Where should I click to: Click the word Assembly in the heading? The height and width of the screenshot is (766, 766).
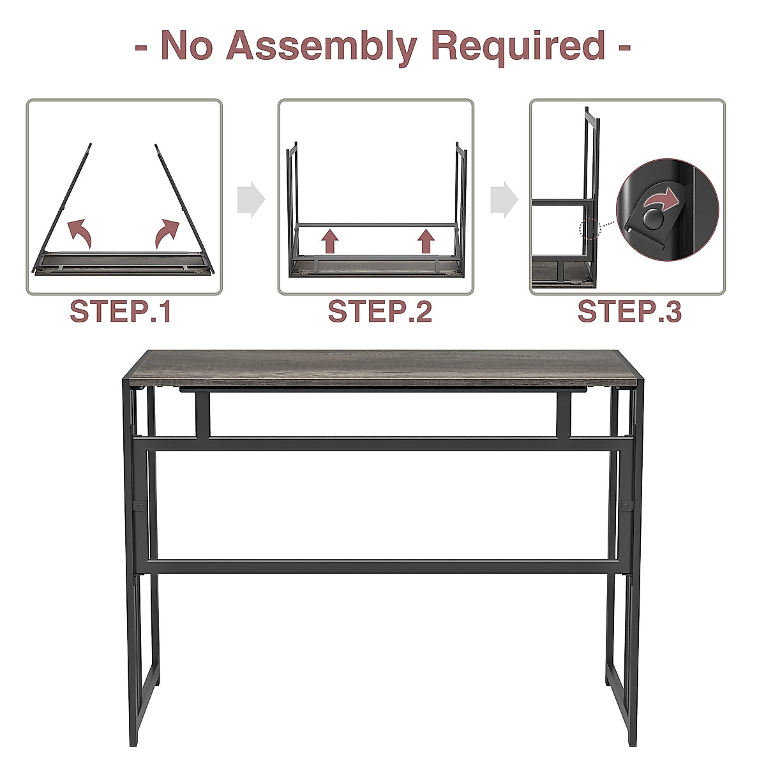click(x=323, y=47)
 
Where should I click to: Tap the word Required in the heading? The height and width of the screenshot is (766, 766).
click(x=518, y=46)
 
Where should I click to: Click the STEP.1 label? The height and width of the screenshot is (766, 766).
click(x=121, y=312)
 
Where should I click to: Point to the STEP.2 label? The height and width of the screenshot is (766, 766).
click(x=380, y=312)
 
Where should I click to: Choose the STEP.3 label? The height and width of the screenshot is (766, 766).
click(x=629, y=312)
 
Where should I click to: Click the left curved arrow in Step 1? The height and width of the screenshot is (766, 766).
click(x=80, y=232)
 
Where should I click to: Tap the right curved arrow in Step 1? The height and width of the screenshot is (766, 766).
click(x=167, y=233)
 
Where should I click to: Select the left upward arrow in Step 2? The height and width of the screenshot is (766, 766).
click(x=329, y=242)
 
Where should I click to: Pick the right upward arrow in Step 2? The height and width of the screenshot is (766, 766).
click(x=426, y=242)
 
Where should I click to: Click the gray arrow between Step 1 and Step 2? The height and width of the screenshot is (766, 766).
click(x=250, y=200)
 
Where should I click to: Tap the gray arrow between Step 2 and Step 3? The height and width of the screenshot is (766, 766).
click(x=504, y=200)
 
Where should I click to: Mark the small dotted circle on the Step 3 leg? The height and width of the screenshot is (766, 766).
click(x=588, y=229)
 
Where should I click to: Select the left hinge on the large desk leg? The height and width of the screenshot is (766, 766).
click(x=137, y=506)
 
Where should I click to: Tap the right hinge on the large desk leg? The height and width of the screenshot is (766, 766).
click(x=624, y=506)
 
